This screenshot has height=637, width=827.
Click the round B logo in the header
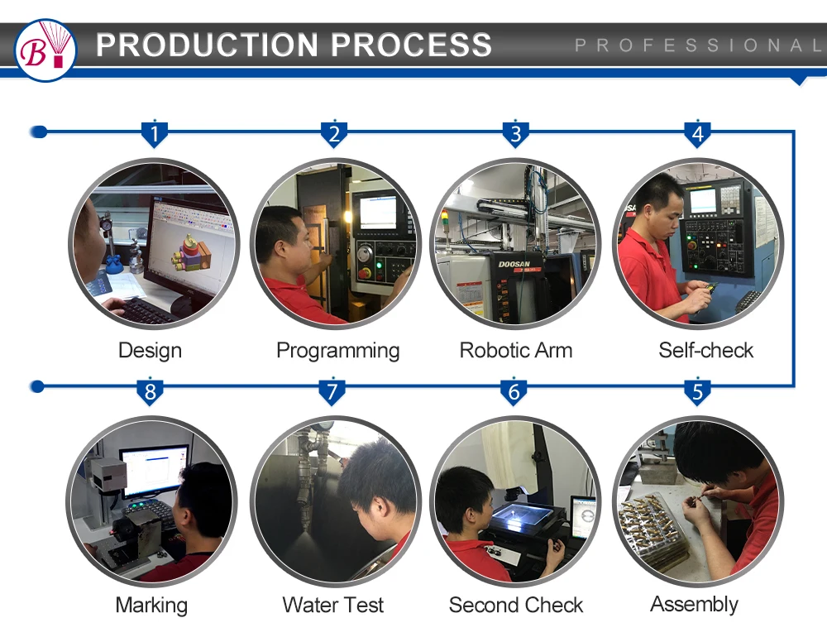pyautogui.click(x=45, y=50)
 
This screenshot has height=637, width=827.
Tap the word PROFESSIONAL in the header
pyautogui.click(x=699, y=45)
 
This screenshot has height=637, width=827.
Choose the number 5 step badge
pyautogui.click(x=696, y=390)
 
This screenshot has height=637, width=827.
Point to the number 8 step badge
pyautogui.click(x=150, y=390)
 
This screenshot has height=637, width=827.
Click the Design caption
pyautogui.click(x=150, y=350)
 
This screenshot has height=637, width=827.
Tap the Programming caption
pyautogui.click(x=337, y=350)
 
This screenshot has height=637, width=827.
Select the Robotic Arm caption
pyautogui.click(x=516, y=350)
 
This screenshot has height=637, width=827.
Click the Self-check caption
pyautogui.click(x=706, y=350)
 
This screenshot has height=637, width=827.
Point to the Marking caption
pyautogui.click(x=151, y=605)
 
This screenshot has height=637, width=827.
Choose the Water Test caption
pyautogui.click(x=333, y=605)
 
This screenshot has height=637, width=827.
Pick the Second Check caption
pyautogui.click(x=516, y=605)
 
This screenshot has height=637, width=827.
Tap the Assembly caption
pyautogui.click(x=695, y=604)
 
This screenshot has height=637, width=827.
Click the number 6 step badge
pyautogui.click(x=514, y=390)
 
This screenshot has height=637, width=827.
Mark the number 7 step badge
pyautogui.click(x=332, y=390)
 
